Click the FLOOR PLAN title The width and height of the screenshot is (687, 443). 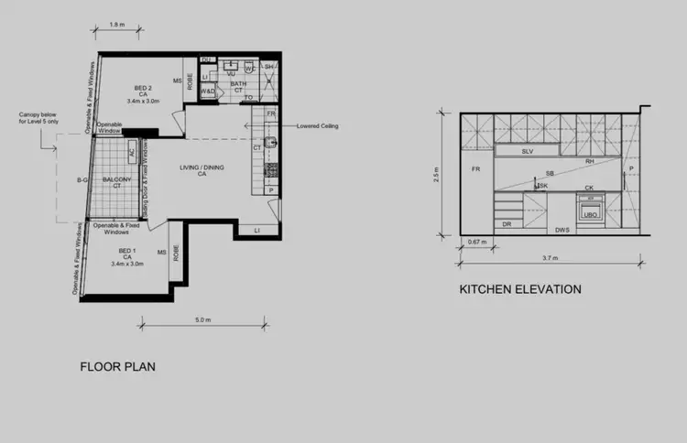(x=117, y=367)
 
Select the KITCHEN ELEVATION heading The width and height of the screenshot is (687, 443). (x=520, y=289)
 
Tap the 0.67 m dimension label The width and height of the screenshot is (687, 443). (x=474, y=243)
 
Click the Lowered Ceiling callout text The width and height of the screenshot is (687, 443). (x=318, y=126)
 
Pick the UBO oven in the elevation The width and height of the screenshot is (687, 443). (x=591, y=214)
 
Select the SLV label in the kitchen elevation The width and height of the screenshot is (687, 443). (x=527, y=151)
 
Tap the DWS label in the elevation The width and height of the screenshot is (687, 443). (x=562, y=230)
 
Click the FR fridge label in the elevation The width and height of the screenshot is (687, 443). (x=474, y=170)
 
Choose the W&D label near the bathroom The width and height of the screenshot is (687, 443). (x=208, y=92)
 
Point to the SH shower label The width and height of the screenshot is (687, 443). (x=269, y=67)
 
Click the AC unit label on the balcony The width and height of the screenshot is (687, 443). (x=132, y=153)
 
